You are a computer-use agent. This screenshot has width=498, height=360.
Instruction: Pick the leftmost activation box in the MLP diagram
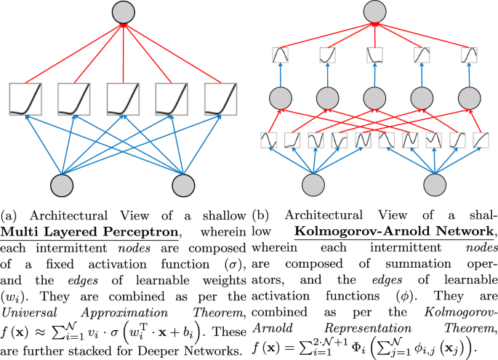24,100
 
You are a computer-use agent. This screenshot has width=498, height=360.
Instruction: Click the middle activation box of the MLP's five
122,100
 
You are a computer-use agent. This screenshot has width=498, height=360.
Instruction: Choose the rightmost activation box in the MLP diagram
220,100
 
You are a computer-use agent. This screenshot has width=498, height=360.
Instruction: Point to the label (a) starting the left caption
10,216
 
